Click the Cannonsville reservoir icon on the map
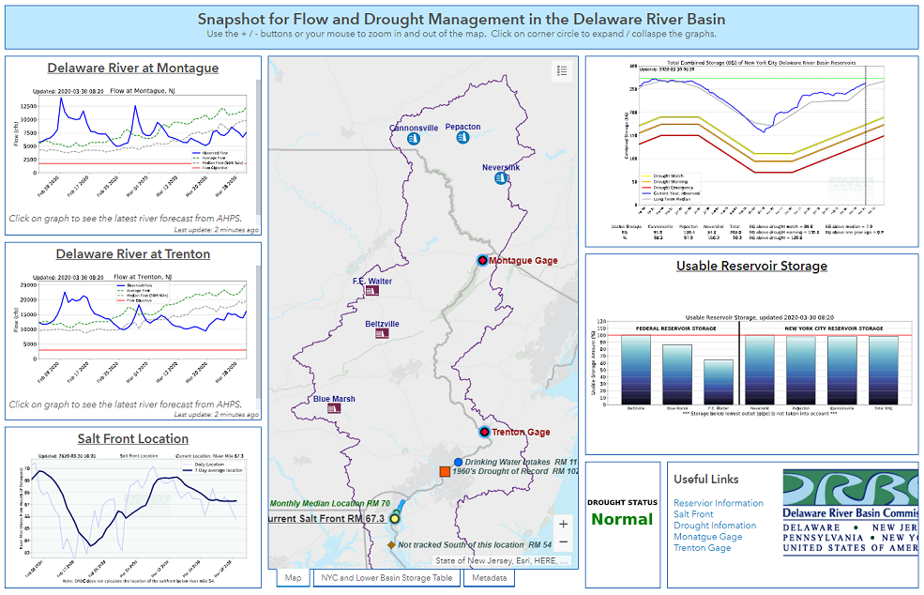412,139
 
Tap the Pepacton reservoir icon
462,138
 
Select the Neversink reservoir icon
502,178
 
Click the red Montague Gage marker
482,260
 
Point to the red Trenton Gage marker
484,433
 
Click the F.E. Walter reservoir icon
372,292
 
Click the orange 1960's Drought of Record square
446,472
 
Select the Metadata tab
489,578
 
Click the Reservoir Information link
718,503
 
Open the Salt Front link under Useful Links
693,514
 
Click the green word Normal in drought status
622,520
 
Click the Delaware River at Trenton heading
132,254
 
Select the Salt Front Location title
132,439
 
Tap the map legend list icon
562,71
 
